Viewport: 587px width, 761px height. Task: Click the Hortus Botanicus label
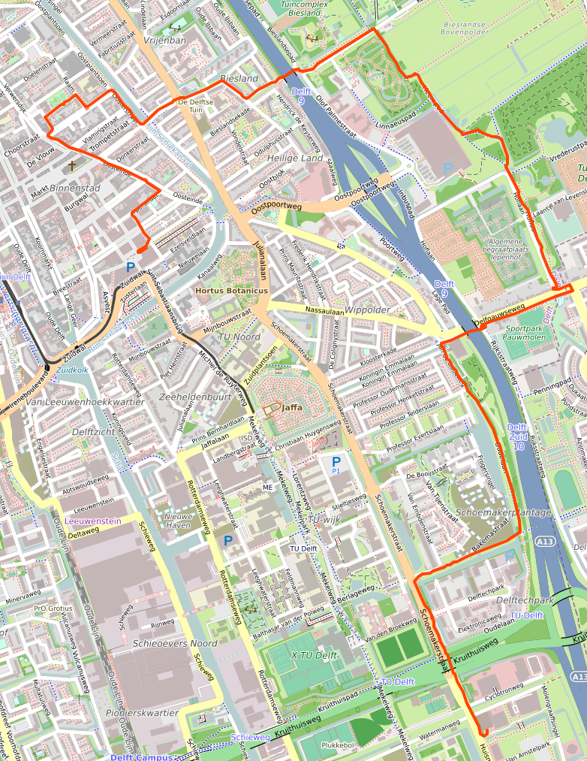coord(231,290)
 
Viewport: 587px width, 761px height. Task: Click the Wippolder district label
coord(368,309)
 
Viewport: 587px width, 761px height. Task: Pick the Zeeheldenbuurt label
coord(195,396)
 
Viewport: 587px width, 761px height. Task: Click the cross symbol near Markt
coord(73,165)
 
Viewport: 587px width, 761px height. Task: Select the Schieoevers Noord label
coord(174,644)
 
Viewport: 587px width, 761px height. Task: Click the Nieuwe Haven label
coord(178,521)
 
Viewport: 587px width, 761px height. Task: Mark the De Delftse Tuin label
coord(197,104)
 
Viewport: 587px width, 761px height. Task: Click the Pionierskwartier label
coord(143,712)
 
